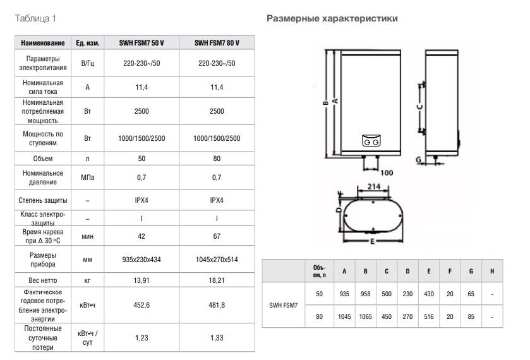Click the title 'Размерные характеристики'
click(332, 18)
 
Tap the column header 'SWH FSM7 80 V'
click(217, 42)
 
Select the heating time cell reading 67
click(217, 236)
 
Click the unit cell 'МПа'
click(88, 177)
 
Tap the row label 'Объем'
click(42, 159)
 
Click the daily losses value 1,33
click(217, 338)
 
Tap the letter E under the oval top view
click(373, 241)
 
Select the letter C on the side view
click(419, 108)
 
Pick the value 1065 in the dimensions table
click(365, 315)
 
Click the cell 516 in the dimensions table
click(429, 315)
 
